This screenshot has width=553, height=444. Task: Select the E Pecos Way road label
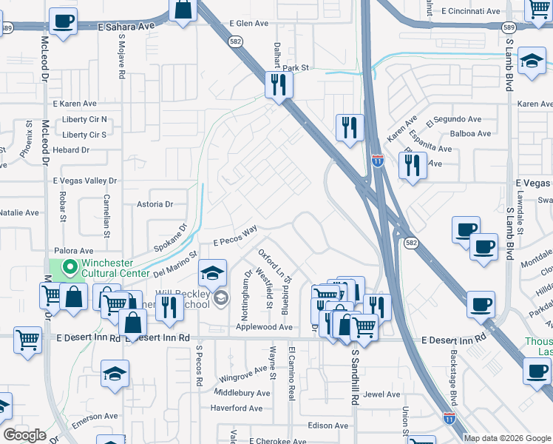tap(236, 237)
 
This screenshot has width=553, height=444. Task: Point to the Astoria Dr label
tap(155, 204)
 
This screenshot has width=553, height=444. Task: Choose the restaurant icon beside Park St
tap(279, 85)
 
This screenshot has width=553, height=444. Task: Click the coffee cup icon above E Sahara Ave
tap(63, 21)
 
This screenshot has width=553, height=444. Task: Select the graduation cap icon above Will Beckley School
tap(212, 275)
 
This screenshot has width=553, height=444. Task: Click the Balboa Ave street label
tap(470, 134)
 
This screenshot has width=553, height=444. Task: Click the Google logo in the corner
tap(24, 435)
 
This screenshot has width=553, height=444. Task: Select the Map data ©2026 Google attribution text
tap(507, 438)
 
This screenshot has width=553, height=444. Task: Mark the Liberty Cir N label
tap(84, 119)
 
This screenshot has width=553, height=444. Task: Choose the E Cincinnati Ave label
tap(471, 11)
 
